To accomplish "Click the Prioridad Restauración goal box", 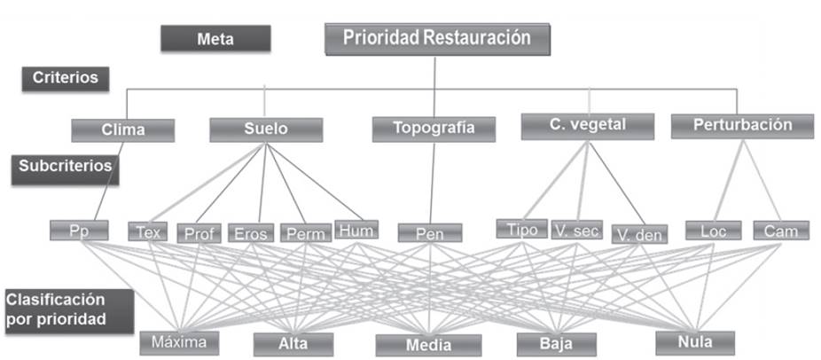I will (438, 39).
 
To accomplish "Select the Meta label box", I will (215, 38).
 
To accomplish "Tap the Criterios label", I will (66, 78).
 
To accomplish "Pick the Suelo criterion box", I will (264, 129).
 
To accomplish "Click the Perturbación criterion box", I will (731, 126).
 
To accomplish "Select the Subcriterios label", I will (66, 166).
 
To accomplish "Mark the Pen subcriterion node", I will (430, 232).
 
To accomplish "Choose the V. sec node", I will (575, 231).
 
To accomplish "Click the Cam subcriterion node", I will (781, 231).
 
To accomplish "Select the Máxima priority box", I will (178, 341).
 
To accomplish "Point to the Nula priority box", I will (695, 341).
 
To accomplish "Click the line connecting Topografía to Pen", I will (433, 182).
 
